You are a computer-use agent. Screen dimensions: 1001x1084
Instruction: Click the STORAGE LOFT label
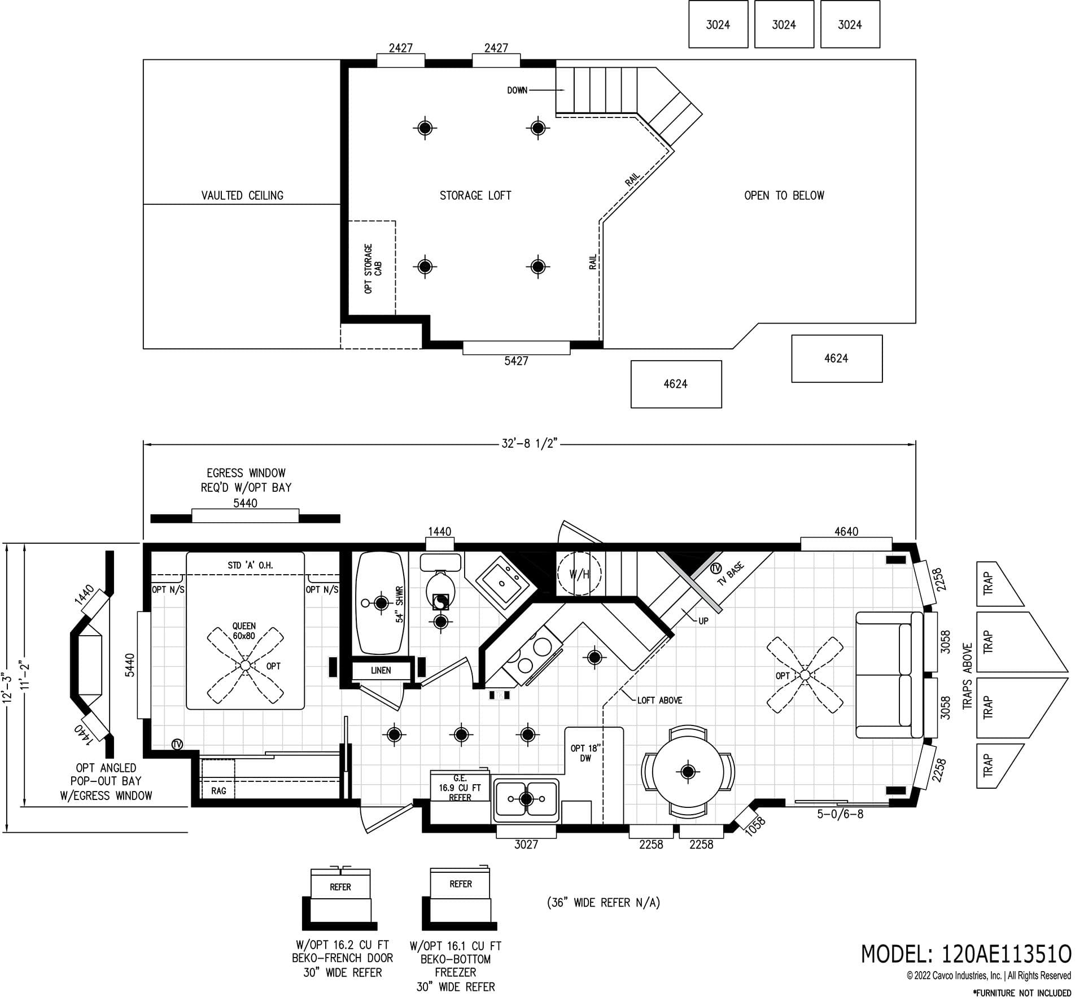(475, 195)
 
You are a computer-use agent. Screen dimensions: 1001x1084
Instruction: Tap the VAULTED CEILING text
(242, 195)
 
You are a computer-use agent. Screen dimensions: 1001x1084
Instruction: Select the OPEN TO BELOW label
(784, 195)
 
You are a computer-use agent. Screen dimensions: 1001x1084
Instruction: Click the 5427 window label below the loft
(516, 361)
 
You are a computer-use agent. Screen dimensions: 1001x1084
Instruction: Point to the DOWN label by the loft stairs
(517, 90)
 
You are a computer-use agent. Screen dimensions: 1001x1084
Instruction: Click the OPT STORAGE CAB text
(373, 268)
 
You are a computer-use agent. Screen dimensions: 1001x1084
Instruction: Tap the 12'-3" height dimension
(7, 686)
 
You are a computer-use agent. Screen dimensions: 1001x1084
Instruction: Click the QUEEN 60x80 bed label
(244, 631)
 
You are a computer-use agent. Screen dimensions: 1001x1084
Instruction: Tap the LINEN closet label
(381, 671)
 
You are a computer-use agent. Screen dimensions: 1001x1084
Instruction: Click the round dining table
(687, 771)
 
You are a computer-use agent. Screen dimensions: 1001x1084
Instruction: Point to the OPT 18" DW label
(585, 753)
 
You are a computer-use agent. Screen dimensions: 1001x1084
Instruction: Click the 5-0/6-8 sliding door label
(840, 814)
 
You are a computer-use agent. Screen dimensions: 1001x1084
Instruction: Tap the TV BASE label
(731, 574)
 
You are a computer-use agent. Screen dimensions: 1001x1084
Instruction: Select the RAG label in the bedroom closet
(218, 791)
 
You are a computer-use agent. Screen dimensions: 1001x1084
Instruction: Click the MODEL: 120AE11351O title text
(965, 954)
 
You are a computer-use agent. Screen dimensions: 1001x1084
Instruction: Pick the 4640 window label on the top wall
(846, 531)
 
